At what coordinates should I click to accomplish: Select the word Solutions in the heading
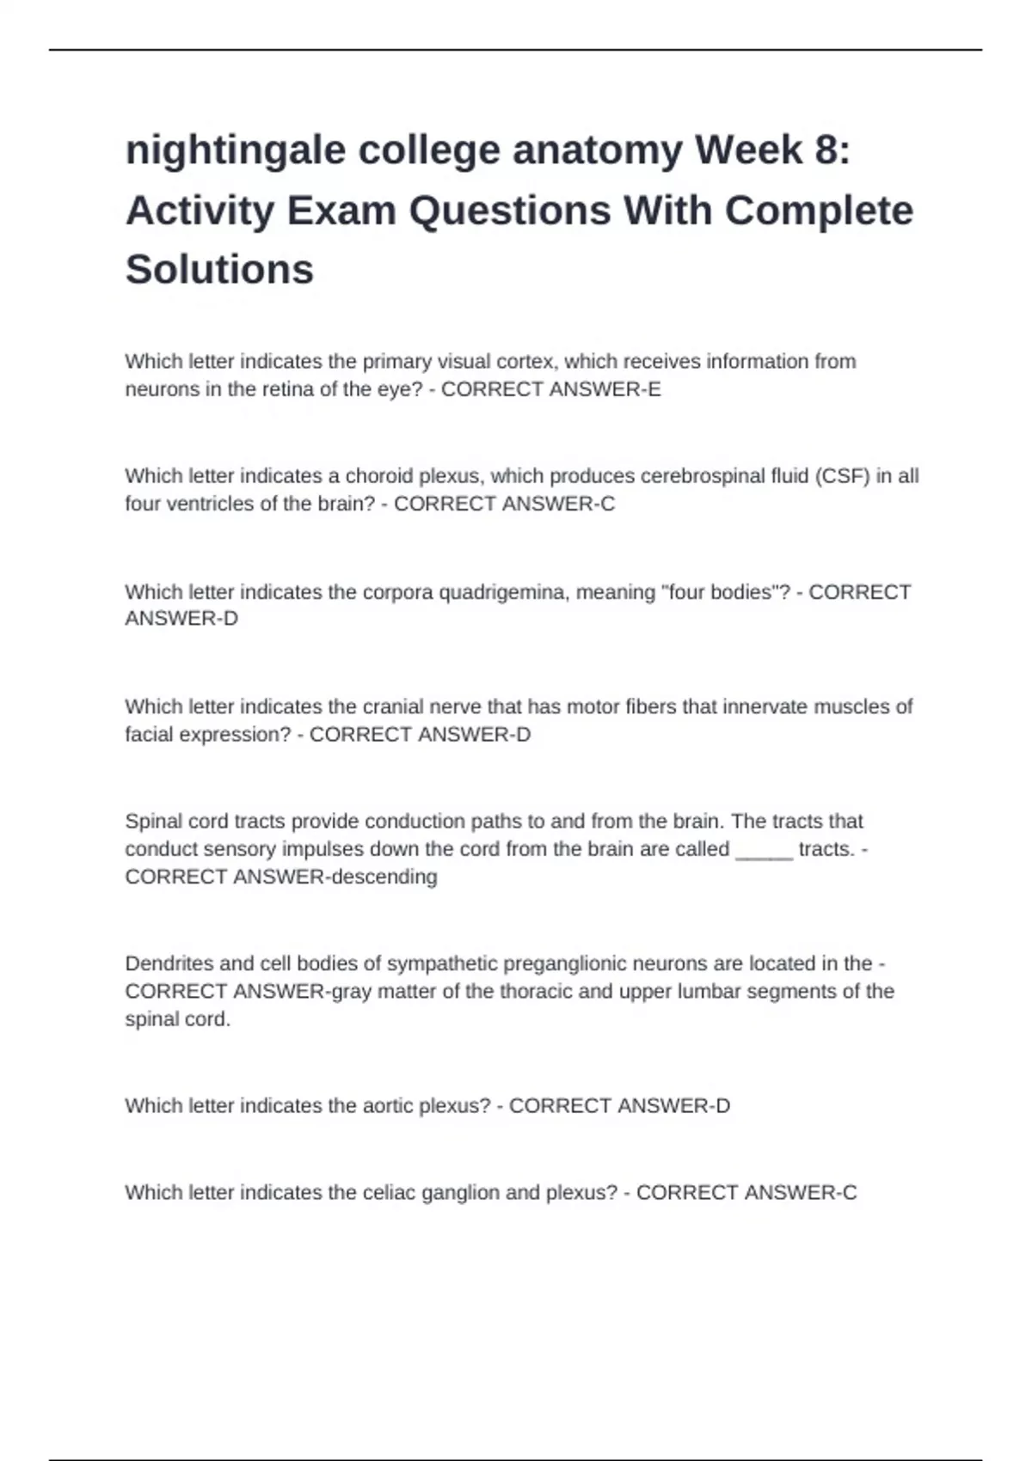(x=219, y=270)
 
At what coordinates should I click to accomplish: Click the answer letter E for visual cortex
(x=654, y=389)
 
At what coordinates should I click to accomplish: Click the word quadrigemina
(x=503, y=592)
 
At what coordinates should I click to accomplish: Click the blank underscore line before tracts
(x=765, y=850)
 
